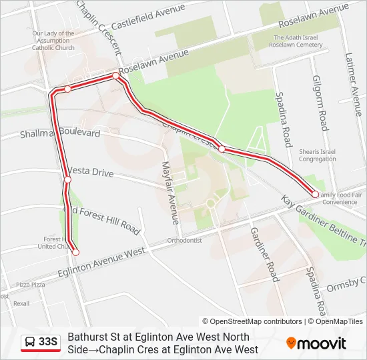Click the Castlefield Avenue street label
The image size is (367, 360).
coord(147,17)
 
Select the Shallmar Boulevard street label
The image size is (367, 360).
coord(60,133)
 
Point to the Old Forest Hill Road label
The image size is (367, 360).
coord(104,219)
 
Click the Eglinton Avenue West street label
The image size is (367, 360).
coord(101,262)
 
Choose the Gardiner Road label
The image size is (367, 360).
coord(264,253)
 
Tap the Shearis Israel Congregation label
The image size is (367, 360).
coord(318,155)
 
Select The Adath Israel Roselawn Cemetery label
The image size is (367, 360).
coord(298,41)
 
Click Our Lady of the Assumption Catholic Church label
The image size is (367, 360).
coord(53,41)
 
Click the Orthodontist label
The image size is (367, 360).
coord(184,240)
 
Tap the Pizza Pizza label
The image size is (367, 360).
coord(31,285)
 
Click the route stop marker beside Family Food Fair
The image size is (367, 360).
coord(315,194)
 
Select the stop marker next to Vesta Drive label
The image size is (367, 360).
coord(67,180)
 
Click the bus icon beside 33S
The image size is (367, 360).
coord(31,343)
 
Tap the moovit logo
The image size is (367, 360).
coord(316,343)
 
